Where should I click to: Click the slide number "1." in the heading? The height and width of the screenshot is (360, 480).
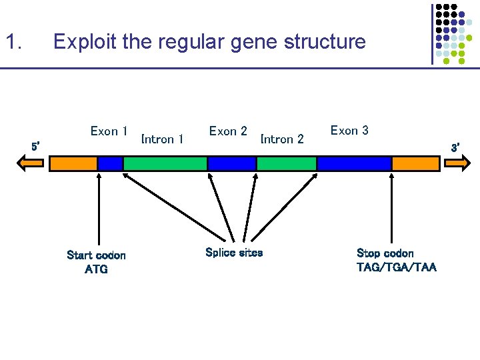click(x=14, y=42)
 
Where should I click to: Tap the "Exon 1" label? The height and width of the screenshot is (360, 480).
click(x=109, y=131)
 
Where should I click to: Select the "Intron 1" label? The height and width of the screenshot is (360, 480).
click(x=163, y=139)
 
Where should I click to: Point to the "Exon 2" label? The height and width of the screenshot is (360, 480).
click(x=228, y=131)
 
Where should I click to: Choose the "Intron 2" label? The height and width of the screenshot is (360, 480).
click(x=282, y=139)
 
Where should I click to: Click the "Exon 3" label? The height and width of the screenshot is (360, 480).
click(x=349, y=131)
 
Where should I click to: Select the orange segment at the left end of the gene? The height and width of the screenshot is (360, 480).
click(x=73, y=163)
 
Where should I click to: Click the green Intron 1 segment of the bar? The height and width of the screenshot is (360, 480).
click(x=165, y=163)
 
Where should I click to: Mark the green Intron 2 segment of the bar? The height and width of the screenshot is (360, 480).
click(x=287, y=163)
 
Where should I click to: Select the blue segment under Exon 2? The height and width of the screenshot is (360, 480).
click(x=231, y=163)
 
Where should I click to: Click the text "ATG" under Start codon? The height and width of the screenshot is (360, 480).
click(x=96, y=269)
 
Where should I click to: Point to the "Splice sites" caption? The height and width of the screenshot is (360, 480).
click(x=234, y=253)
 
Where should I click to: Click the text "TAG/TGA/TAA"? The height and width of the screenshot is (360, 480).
click(x=397, y=267)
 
